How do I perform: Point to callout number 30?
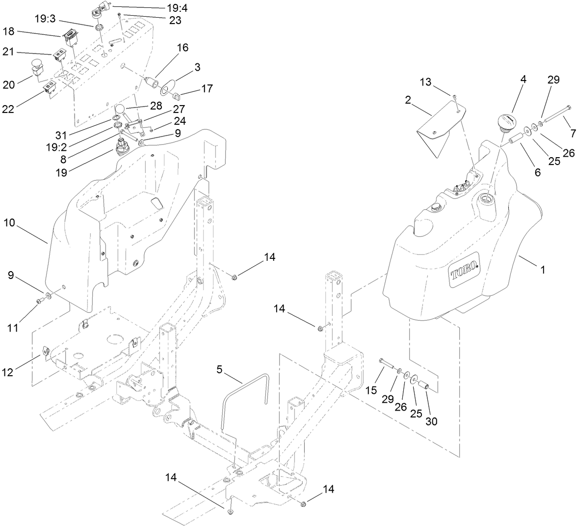pyautogui.click(x=431, y=421)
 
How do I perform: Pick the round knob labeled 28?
pyautogui.click(x=121, y=110)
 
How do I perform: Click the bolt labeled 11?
pyautogui.click(x=40, y=301)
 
